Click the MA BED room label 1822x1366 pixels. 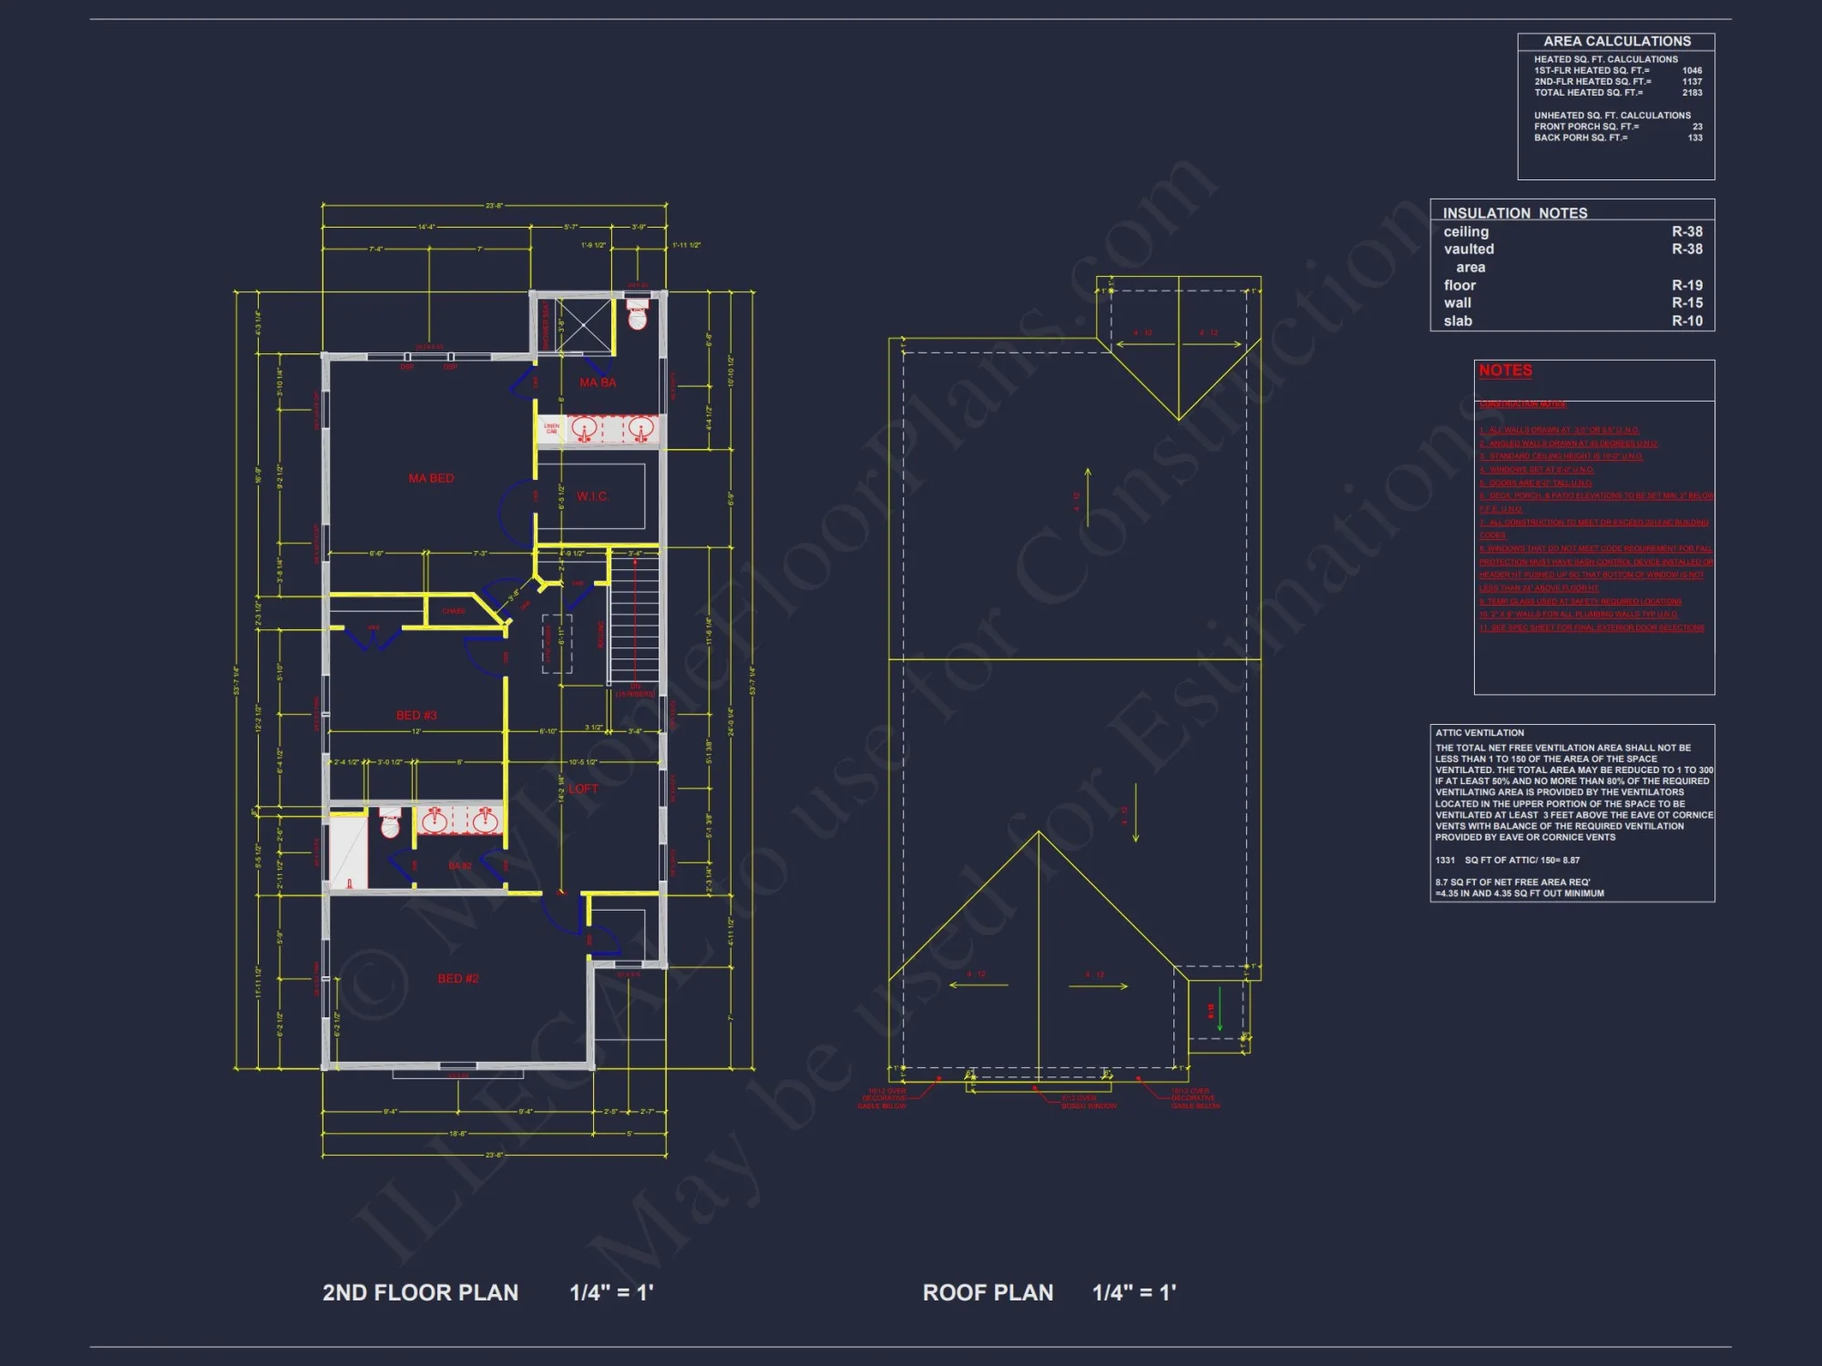point(431,478)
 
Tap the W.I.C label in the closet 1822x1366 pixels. point(591,496)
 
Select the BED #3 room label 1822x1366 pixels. point(416,715)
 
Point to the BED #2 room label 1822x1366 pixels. point(457,978)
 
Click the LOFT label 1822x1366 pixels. point(583,789)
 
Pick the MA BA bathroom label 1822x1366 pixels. point(598,382)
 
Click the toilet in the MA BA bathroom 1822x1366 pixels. point(638,315)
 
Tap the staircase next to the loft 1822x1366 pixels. point(633,619)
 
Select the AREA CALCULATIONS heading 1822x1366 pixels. point(1616,42)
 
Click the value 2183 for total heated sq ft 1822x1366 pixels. point(1692,93)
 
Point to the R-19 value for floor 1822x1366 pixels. point(1686,285)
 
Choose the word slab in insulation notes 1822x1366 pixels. point(1458,321)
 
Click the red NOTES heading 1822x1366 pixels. point(1505,371)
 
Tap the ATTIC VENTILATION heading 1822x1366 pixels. point(1479,733)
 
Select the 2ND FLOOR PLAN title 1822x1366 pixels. point(420,1292)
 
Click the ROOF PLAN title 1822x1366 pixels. point(988,1292)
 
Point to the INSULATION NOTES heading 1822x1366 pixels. point(1514,213)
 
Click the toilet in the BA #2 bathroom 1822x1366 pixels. point(390,823)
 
